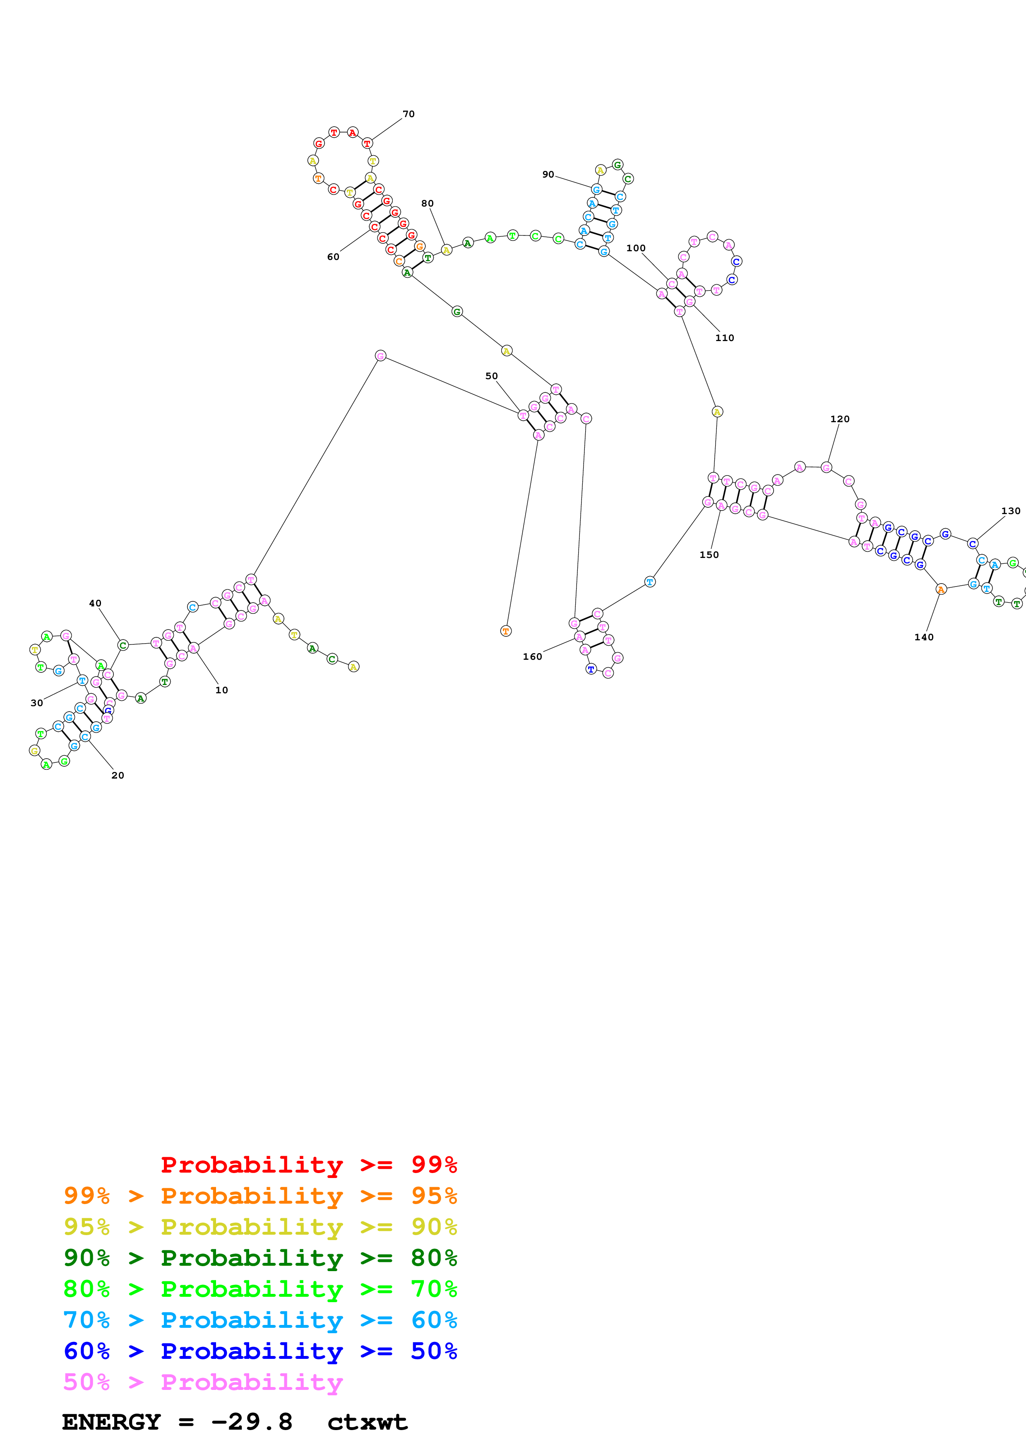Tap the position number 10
pos(221,690)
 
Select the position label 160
pos(532,656)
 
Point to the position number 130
pos(1010,511)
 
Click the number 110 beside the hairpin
pos(724,338)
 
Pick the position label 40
pos(95,603)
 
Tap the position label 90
pos(548,175)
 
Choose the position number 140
pos(924,637)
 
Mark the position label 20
pos(118,775)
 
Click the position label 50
pos(491,376)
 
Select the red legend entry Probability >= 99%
pos(308,1165)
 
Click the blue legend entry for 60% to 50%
pos(260,1351)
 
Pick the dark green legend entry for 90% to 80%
pos(260,1258)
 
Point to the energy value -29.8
pos(252,1422)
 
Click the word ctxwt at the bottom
pos(367,1422)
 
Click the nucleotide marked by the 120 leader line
pos(826,467)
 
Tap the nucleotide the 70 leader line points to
pos(367,144)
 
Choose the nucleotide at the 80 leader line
pos(446,250)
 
